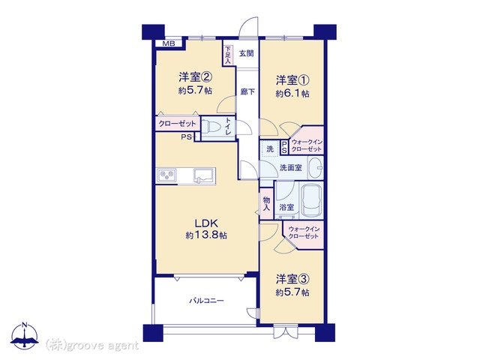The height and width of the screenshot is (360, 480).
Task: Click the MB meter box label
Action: (168, 43)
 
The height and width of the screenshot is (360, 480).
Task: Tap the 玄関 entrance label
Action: (247, 53)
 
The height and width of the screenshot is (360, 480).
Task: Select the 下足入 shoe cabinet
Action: (227, 55)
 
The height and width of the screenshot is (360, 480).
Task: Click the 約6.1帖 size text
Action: (292, 93)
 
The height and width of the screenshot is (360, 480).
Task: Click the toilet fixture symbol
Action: (211, 126)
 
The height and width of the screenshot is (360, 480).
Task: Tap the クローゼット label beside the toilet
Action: (177, 124)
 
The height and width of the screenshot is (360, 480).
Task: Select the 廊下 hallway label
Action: (247, 91)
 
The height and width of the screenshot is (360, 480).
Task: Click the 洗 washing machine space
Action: (270, 149)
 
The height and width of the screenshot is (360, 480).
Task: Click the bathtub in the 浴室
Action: (312, 200)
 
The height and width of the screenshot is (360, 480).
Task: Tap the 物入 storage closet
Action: (267, 204)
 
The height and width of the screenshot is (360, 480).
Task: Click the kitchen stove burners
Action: (167, 175)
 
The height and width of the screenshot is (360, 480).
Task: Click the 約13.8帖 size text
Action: (206, 235)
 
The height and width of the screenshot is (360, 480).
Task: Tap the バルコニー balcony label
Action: (207, 301)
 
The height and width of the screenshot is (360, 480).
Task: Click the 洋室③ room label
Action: (292, 279)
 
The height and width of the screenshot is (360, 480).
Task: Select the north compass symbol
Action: (25, 336)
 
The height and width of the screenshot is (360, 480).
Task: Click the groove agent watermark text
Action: (91, 346)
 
